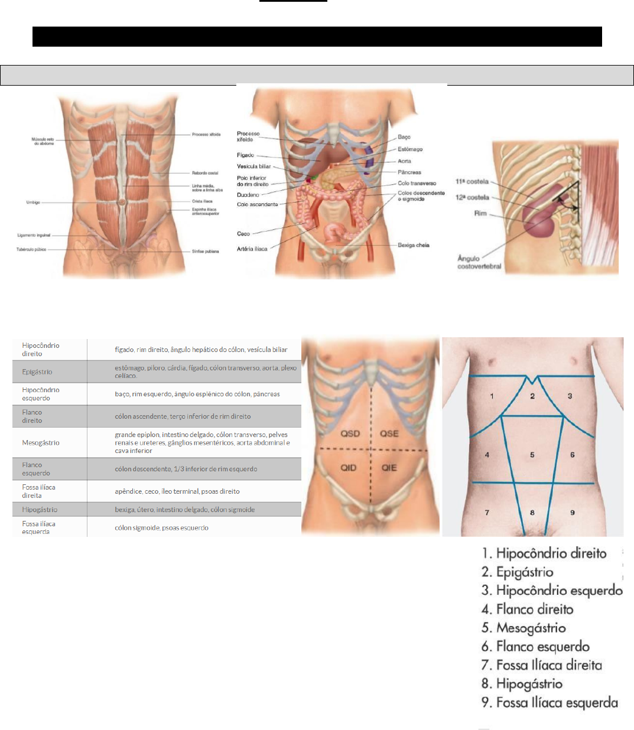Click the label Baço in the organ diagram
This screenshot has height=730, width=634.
click(404, 137)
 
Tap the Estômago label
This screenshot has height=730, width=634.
click(410, 149)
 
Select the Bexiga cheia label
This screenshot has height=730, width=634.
click(414, 245)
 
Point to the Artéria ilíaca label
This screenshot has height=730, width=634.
click(252, 249)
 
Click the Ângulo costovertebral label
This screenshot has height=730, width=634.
click(479, 262)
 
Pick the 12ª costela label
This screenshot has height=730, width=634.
click(472, 197)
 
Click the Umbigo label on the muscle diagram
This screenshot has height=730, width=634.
click(33, 203)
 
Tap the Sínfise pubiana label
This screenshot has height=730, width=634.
click(205, 252)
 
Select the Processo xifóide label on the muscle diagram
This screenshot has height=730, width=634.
click(206, 135)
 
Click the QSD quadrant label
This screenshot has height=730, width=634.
click(350, 434)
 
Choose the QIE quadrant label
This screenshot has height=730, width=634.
click(389, 468)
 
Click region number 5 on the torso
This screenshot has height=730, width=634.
click(532, 455)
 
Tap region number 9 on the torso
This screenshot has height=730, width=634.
click(573, 513)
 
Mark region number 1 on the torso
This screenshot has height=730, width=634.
click(492, 396)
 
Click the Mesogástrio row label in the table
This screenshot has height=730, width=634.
click(41, 443)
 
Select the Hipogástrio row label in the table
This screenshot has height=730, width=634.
click(40, 510)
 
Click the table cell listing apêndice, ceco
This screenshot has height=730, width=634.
click(177, 491)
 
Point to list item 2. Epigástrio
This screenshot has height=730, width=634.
click(518, 572)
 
